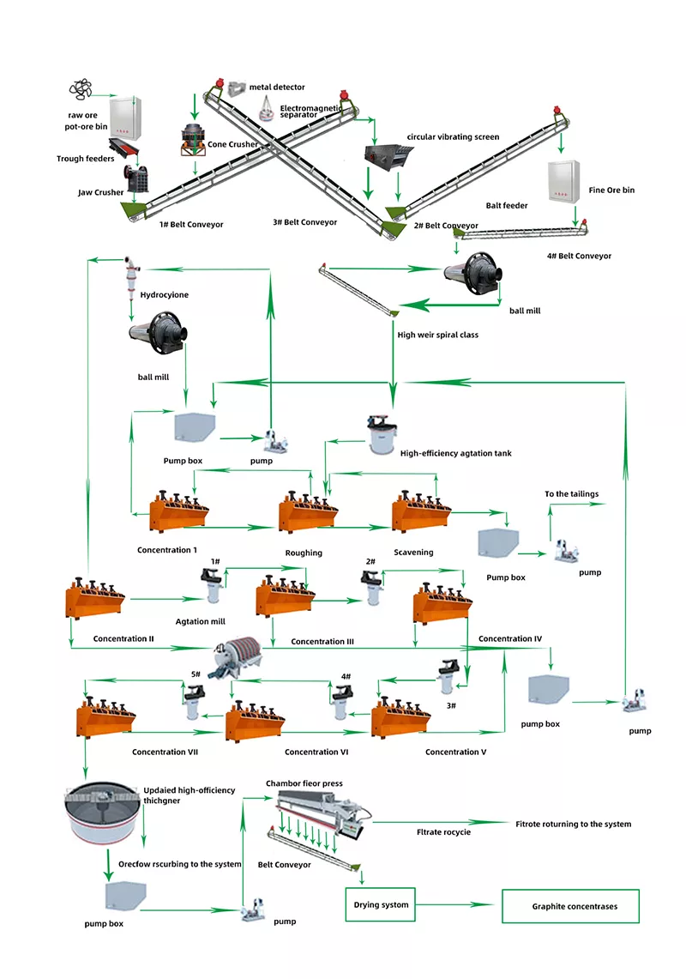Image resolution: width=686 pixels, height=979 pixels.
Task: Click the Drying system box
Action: [381, 904]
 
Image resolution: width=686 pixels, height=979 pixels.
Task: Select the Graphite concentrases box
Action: [570, 906]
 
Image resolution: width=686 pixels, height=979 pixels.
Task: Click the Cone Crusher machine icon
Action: [194, 140]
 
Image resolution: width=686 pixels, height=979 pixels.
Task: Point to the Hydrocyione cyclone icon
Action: [131, 274]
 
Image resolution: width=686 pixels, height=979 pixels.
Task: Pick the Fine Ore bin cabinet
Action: [563, 181]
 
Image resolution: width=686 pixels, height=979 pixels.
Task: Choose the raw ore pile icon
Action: [81, 89]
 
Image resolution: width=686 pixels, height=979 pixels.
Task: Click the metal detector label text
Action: [277, 88]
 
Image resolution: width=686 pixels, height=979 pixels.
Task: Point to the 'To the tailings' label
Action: [571, 494]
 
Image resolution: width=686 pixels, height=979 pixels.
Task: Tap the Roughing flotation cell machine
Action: [308, 512]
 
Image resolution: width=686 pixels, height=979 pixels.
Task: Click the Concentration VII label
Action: [165, 752]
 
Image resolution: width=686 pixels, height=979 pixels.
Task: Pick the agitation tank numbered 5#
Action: [195, 703]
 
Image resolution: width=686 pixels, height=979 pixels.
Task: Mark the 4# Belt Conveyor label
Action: [580, 256]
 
